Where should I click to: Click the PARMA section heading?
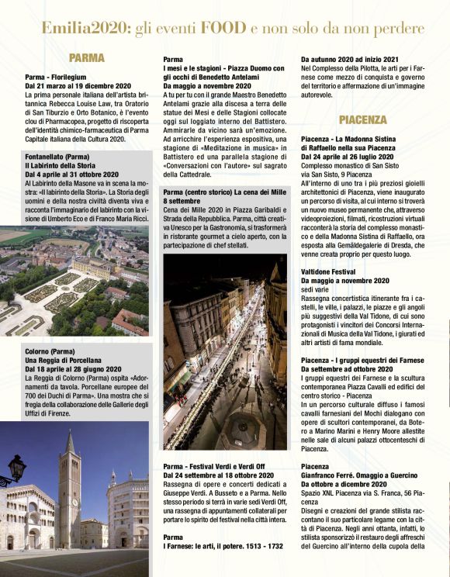click(86, 58)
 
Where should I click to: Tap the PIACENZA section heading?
click(362, 120)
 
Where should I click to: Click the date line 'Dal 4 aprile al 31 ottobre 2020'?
click(71, 174)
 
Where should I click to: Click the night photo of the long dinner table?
click(224, 353)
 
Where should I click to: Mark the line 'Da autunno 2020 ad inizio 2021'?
click(349, 60)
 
